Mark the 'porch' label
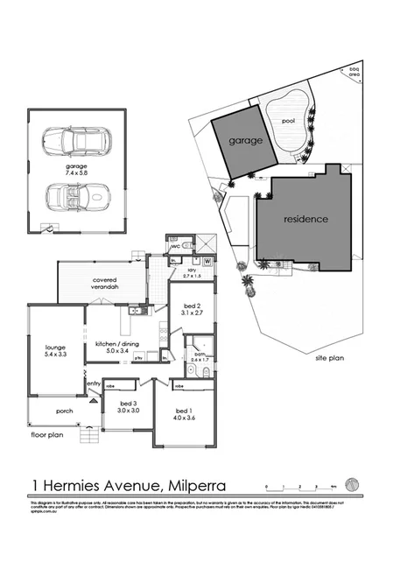(63, 411)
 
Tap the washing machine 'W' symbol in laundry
(207, 261)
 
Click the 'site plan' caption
(330, 358)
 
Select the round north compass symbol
(352, 483)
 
